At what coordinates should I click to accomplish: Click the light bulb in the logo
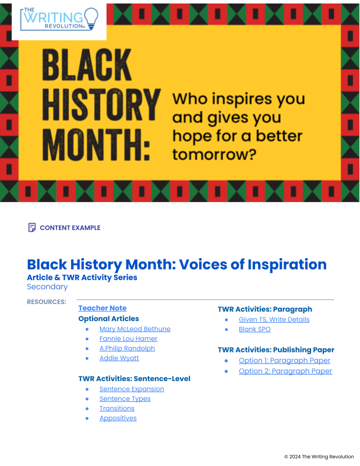point(91,19)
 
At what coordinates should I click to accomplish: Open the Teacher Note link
point(103,308)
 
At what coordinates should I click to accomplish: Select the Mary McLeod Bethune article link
point(135,329)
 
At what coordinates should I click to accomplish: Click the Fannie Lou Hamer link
point(128,339)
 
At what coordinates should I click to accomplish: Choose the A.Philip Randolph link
point(127,348)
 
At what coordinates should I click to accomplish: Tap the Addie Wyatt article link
point(119,358)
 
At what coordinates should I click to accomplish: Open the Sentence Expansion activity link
point(132,389)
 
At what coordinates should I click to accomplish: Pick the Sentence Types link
point(125,399)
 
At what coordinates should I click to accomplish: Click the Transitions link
point(117,408)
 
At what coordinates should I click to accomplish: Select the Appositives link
point(118,418)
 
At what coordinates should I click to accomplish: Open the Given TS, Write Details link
point(274,319)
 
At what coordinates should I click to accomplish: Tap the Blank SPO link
point(255,329)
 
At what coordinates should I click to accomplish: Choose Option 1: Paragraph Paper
point(284,361)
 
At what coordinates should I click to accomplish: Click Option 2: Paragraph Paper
point(285,371)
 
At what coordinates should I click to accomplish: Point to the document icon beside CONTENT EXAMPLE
point(32,227)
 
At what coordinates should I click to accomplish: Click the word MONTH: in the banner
point(96,145)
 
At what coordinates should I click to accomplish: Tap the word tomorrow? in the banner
point(214,154)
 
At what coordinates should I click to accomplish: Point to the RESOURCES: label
point(47,302)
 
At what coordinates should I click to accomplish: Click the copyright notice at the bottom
point(319,457)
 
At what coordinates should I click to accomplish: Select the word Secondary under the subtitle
point(47,287)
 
